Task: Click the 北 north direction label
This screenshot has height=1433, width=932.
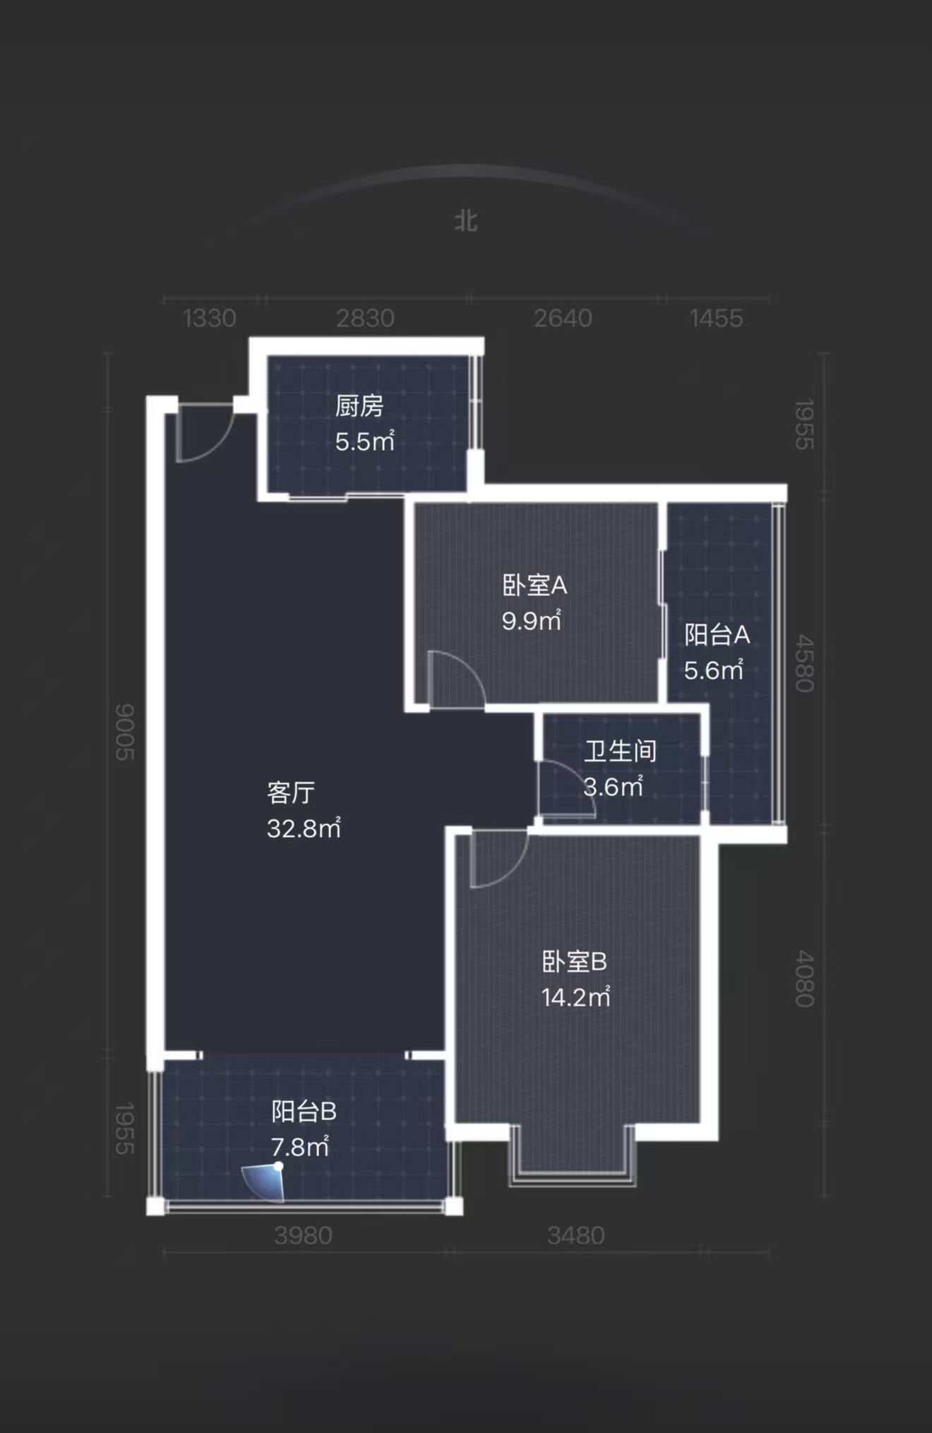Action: click(x=466, y=221)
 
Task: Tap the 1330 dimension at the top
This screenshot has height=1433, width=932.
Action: click(x=210, y=319)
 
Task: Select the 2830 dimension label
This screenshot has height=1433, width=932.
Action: click(x=365, y=319)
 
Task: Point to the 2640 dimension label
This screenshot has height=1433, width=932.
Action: click(x=563, y=319)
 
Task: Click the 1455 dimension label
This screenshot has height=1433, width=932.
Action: click(x=716, y=319)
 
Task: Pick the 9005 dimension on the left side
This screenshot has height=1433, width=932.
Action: click(x=125, y=732)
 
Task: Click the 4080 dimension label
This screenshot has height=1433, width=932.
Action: click(x=804, y=978)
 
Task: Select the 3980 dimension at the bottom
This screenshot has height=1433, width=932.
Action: click(x=303, y=1235)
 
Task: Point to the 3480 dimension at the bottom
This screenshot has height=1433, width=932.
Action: click(x=575, y=1235)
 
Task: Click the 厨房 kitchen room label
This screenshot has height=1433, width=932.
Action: click(x=359, y=406)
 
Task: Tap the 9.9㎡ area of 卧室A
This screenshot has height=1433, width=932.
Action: click(x=532, y=621)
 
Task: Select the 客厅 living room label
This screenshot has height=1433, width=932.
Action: click(x=291, y=792)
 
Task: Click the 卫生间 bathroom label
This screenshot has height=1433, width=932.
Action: click(x=620, y=751)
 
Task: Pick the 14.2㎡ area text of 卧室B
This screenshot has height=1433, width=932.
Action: click(x=575, y=997)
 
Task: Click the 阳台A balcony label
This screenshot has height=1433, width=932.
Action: click(x=717, y=634)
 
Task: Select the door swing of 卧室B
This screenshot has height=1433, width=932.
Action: click(x=496, y=858)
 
